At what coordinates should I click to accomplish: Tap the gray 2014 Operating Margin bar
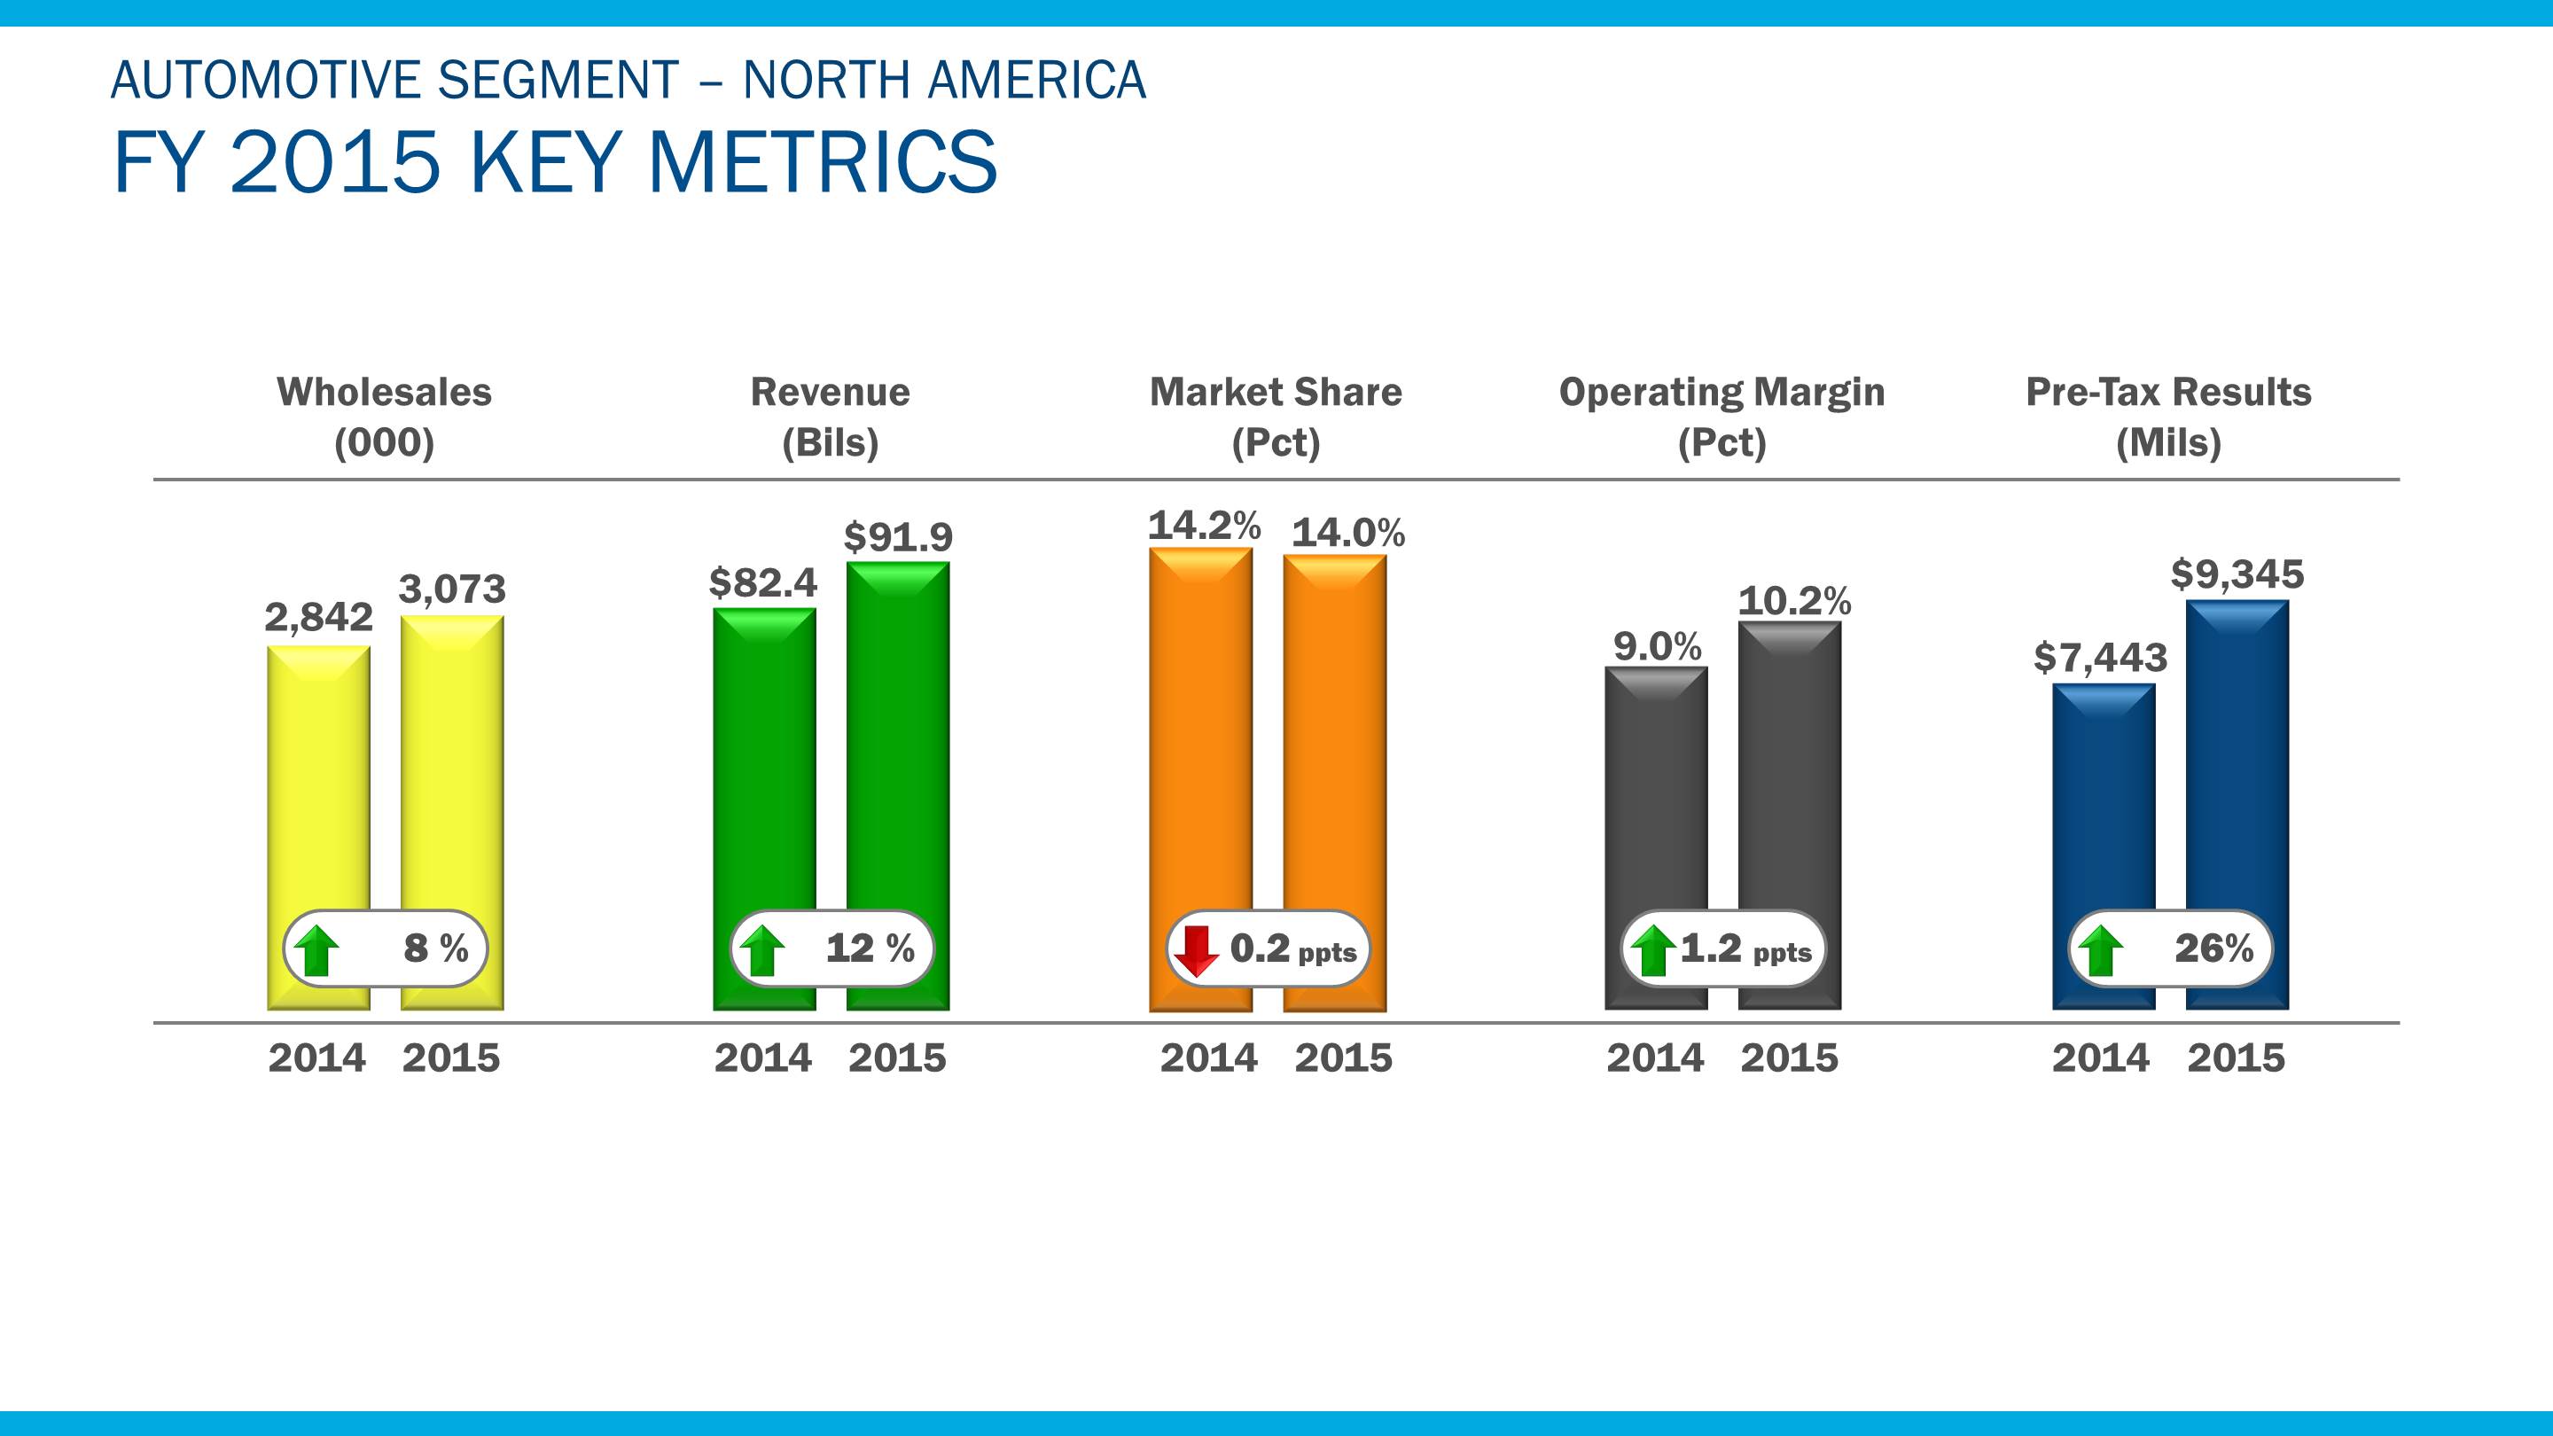click(1656, 792)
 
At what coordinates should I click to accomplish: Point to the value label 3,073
click(452, 589)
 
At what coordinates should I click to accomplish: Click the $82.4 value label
click(763, 582)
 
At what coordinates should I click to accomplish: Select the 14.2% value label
click(1204, 526)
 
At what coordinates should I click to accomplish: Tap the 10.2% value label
click(1794, 601)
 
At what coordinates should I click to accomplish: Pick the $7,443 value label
click(2100, 657)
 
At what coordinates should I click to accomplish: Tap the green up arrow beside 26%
click(2099, 950)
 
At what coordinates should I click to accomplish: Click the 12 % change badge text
click(869, 948)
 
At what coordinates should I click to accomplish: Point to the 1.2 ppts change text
click(1745, 949)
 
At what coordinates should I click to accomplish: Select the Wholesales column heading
click(384, 393)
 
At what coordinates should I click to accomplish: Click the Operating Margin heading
click(1722, 393)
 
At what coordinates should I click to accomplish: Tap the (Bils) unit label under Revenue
click(831, 442)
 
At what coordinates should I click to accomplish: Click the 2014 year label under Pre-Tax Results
click(2100, 1058)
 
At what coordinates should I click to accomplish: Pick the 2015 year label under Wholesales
click(451, 1058)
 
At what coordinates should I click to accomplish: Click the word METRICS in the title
click(822, 161)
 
